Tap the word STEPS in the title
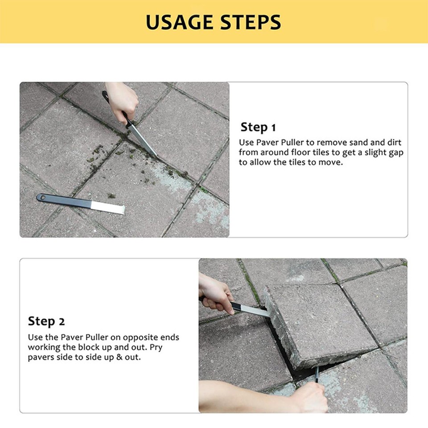(249, 22)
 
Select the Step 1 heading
(258, 127)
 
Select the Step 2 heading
(46, 321)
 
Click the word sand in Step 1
(350, 143)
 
